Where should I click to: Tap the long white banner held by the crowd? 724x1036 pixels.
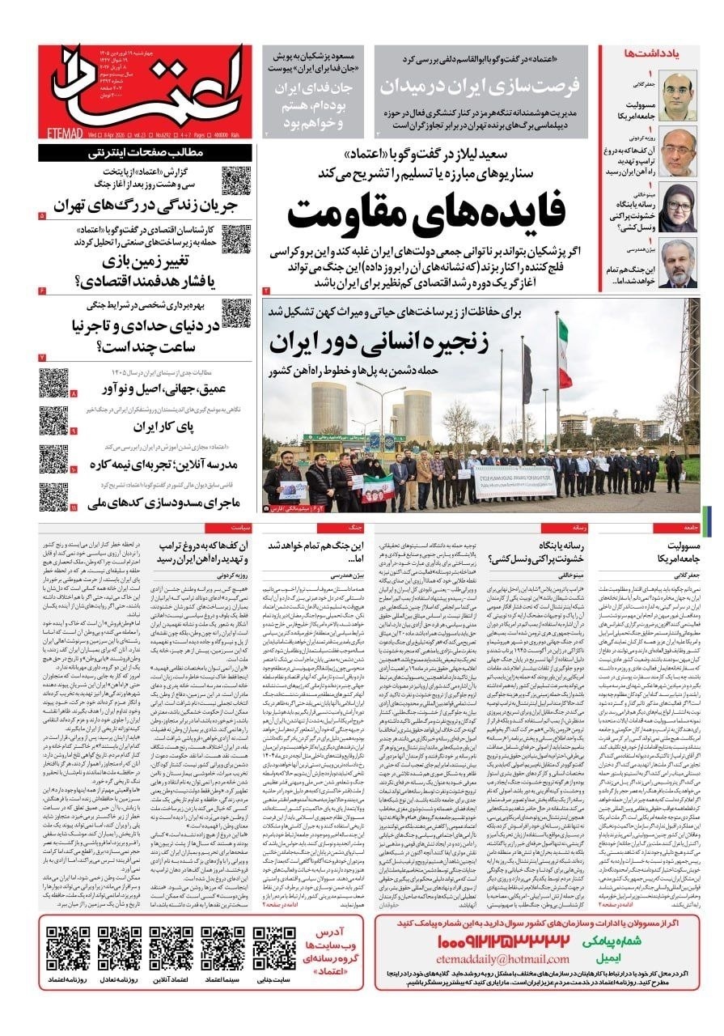[514, 481]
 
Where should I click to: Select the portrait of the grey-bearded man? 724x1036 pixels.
[678, 264]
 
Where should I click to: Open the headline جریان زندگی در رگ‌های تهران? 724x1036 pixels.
[133, 204]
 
